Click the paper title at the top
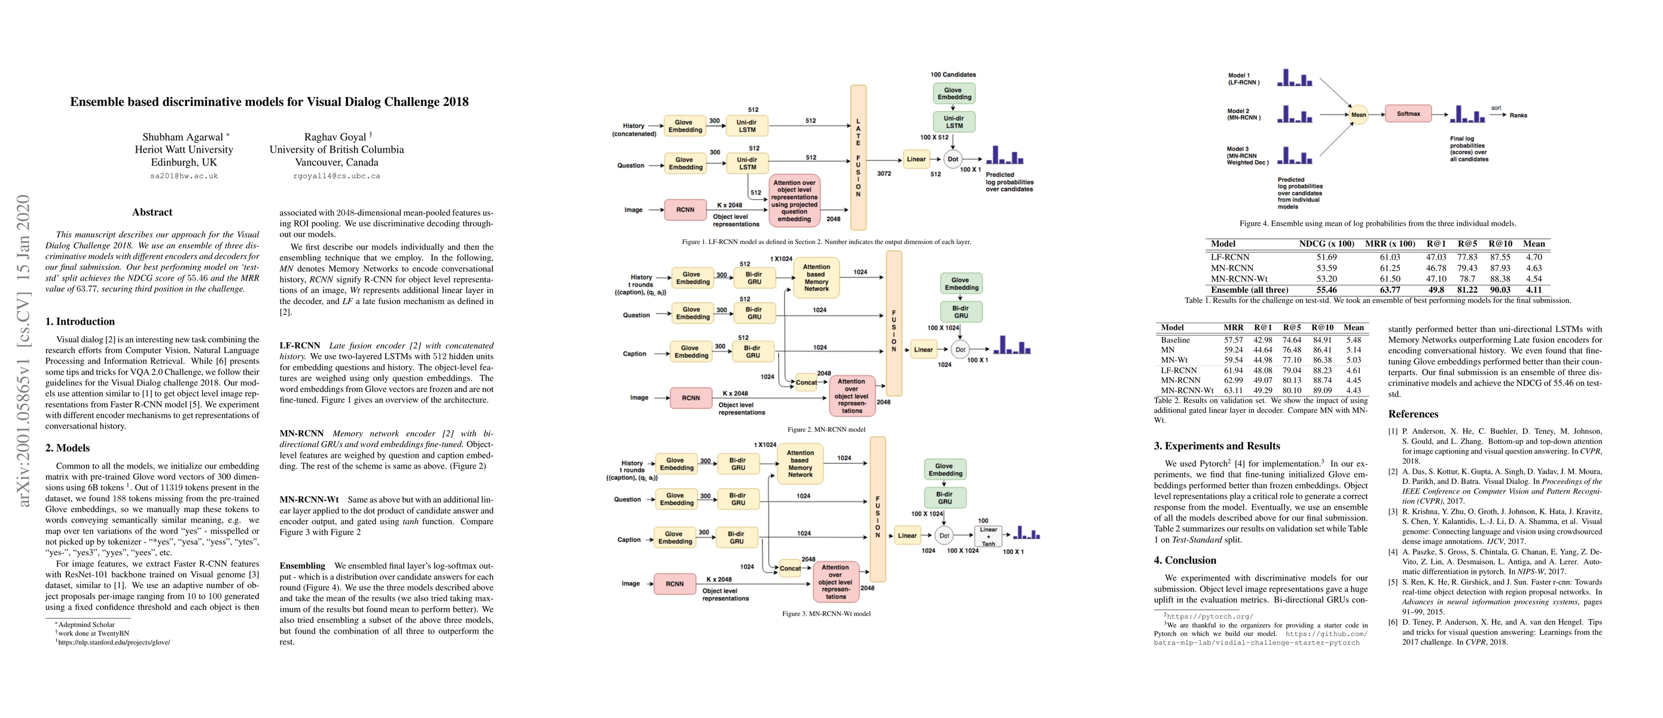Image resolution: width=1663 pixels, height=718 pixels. [269, 102]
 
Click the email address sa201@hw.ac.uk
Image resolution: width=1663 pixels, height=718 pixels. [184, 176]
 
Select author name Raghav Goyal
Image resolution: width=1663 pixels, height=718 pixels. [335, 137]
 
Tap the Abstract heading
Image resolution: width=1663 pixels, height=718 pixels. [152, 212]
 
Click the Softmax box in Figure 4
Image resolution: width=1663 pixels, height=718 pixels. [1408, 114]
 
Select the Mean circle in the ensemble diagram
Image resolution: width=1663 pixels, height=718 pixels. [1358, 115]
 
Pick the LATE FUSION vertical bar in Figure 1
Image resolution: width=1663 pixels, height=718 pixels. [858, 157]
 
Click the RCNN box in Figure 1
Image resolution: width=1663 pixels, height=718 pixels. [685, 210]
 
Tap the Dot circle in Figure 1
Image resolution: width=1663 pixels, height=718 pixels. [953, 160]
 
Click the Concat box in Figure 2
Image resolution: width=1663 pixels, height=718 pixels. [805, 382]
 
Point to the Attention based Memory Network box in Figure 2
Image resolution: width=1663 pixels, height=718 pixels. [816, 278]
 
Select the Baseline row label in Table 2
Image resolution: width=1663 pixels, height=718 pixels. [1175, 340]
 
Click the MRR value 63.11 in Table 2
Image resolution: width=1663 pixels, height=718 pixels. [1233, 390]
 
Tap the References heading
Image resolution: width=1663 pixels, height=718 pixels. [1413, 415]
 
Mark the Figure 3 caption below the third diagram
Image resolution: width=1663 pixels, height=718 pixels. [826, 613]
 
